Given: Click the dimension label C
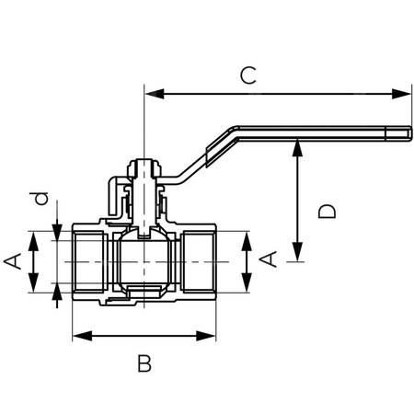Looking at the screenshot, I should (x=247, y=75).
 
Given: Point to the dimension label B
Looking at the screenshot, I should (x=144, y=363).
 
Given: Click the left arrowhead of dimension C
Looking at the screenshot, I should (x=153, y=92).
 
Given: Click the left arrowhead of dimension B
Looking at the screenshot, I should (x=78, y=336).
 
